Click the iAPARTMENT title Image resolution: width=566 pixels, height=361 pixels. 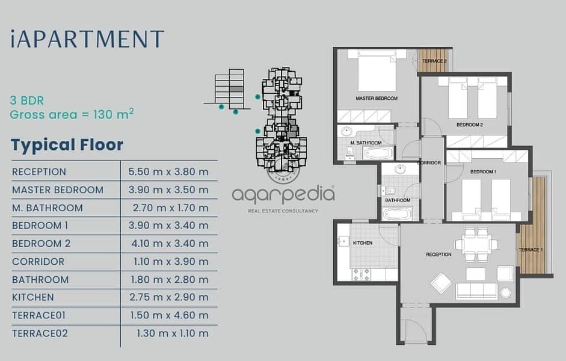pyautogui.click(x=87, y=39)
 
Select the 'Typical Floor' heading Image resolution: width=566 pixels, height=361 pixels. pyautogui.click(x=67, y=145)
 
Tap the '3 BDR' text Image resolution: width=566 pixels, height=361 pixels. pyautogui.click(x=27, y=100)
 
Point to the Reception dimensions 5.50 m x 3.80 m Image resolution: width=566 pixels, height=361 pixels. pyautogui.click(x=168, y=171)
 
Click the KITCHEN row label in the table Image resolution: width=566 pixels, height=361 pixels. pyautogui.click(x=33, y=297)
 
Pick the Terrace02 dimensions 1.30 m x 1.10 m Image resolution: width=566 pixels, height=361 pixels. pyautogui.click(x=173, y=333)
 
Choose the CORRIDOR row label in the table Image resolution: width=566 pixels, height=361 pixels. pyautogui.click(x=38, y=261)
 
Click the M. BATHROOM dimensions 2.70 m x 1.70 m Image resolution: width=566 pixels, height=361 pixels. pyautogui.click(x=171, y=208)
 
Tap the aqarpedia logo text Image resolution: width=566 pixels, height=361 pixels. pyautogui.click(x=283, y=195)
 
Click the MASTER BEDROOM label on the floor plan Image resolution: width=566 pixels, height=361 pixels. pyautogui.click(x=377, y=98)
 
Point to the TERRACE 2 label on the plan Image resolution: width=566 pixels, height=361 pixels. pyautogui.click(x=434, y=61)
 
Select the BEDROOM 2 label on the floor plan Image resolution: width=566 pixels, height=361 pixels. pyautogui.click(x=470, y=125)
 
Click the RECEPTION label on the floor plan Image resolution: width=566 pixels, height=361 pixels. pyautogui.click(x=438, y=255)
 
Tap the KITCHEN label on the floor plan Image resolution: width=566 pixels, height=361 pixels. pyautogui.click(x=363, y=243)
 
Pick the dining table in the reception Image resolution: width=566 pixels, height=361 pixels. pyautogui.click(x=476, y=244)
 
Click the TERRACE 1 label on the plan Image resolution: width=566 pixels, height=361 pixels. pyautogui.click(x=531, y=250)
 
